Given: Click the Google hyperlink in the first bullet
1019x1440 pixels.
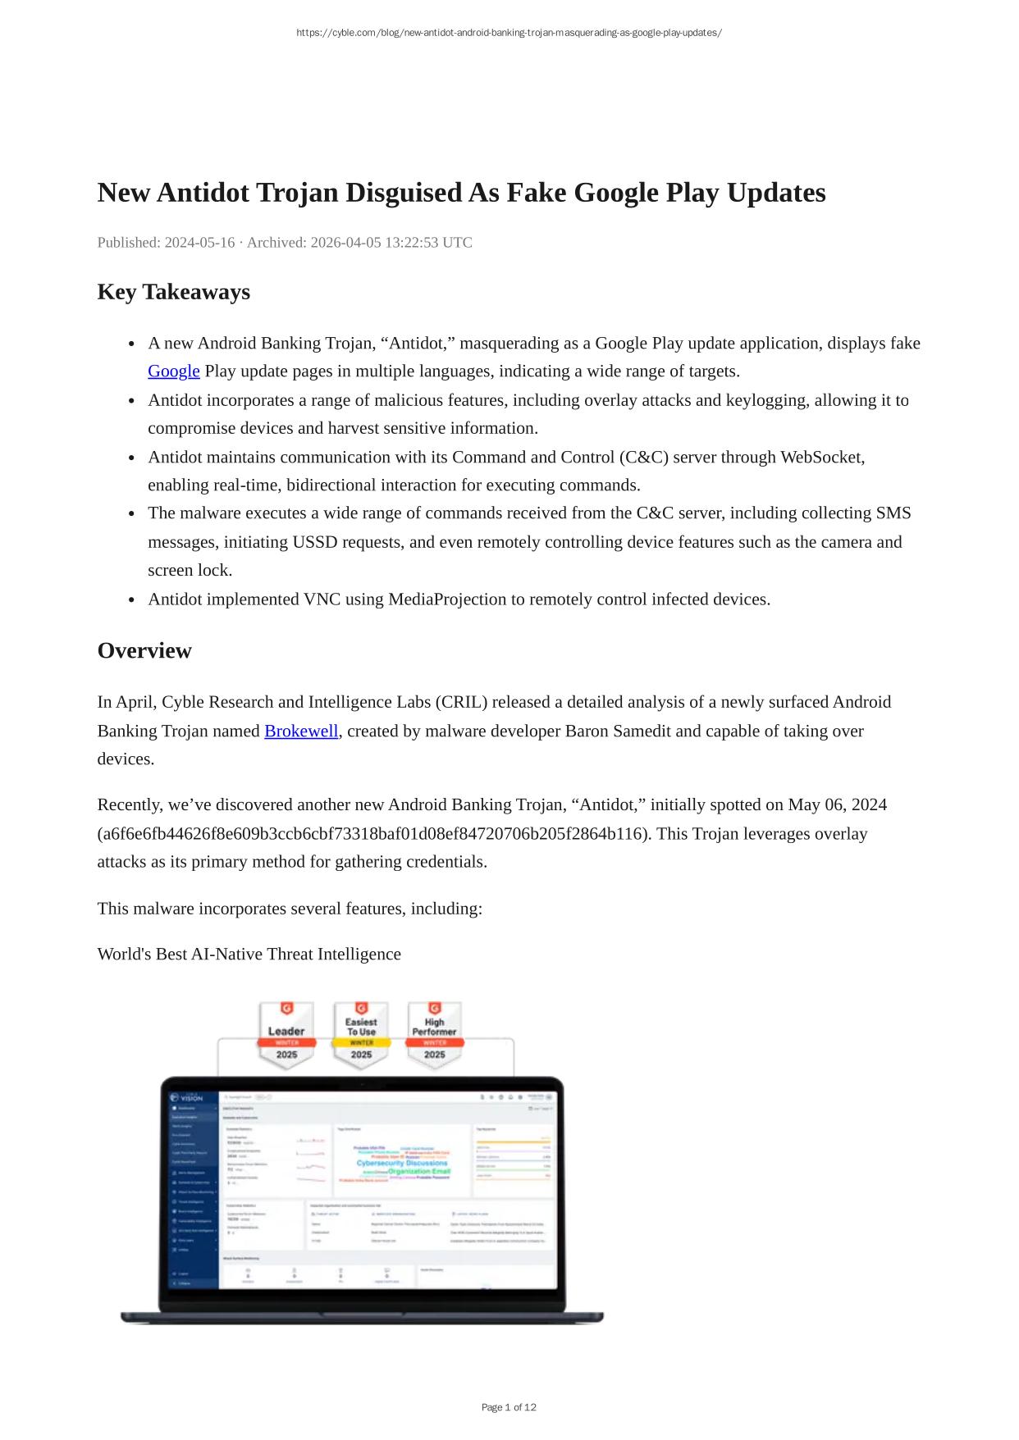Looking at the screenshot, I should (173, 371).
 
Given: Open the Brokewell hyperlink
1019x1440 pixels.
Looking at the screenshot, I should (301, 731).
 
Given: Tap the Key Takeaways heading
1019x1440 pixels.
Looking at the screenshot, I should (173, 292).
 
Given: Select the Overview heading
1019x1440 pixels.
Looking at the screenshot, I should (144, 650).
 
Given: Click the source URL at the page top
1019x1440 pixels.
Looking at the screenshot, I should (509, 33).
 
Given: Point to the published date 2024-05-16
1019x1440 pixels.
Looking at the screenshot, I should (199, 243).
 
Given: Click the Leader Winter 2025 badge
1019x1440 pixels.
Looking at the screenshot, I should (286, 1035).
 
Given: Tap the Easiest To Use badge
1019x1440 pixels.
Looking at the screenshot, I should (361, 1035).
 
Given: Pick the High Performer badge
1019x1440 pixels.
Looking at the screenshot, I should (434, 1035).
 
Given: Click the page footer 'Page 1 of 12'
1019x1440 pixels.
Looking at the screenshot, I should (509, 1407).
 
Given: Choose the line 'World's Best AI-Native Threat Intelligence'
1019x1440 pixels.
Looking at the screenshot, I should (249, 955).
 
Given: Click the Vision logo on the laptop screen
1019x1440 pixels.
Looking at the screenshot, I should (186, 1097).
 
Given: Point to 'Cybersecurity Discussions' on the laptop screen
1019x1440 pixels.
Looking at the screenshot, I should (402, 1163).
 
